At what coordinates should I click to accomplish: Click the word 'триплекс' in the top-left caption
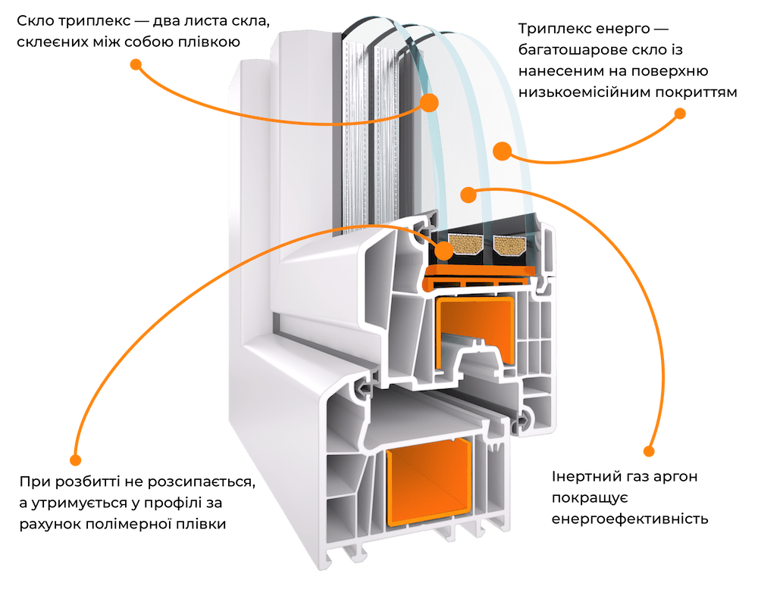(90, 22)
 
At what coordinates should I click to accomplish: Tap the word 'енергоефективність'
(630, 519)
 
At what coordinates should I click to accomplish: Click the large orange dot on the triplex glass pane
(429, 102)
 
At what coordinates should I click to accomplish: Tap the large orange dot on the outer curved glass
(503, 151)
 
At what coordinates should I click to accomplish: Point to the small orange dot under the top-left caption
(136, 64)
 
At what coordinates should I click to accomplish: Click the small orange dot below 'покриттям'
(680, 114)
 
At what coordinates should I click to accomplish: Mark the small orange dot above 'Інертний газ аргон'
(650, 451)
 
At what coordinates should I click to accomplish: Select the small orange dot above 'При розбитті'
(75, 460)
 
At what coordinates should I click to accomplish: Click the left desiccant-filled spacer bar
(465, 245)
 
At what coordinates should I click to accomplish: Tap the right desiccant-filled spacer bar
(509, 245)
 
